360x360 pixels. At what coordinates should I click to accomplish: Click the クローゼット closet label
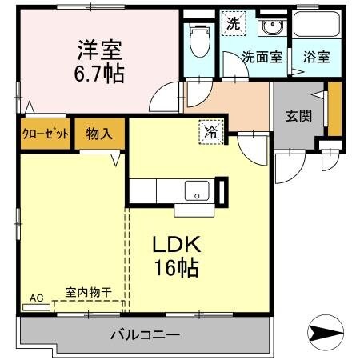[x=45, y=133]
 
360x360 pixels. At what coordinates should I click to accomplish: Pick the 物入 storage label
[x=100, y=133]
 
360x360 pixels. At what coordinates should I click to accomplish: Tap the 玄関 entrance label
[x=298, y=114]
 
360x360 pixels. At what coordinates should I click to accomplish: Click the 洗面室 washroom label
[x=262, y=57]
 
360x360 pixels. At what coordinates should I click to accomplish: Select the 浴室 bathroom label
[x=315, y=57]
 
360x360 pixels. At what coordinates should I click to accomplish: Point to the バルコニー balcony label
[x=144, y=334]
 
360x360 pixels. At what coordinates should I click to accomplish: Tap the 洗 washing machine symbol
[x=232, y=23]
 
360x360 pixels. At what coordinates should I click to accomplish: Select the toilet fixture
[x=197, y=38]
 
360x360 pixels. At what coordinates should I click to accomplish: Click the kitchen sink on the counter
[x=196, y=191]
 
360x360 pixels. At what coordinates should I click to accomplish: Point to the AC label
[x=36, y=298]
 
